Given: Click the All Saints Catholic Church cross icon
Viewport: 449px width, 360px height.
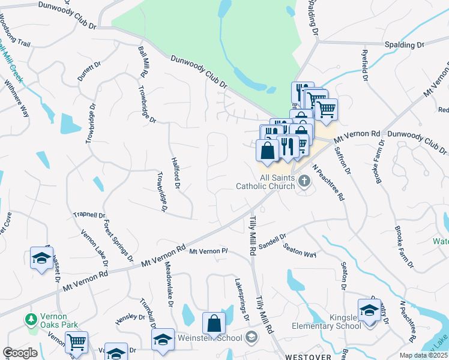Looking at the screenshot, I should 304,180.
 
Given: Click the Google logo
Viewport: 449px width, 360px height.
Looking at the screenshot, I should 20,353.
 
